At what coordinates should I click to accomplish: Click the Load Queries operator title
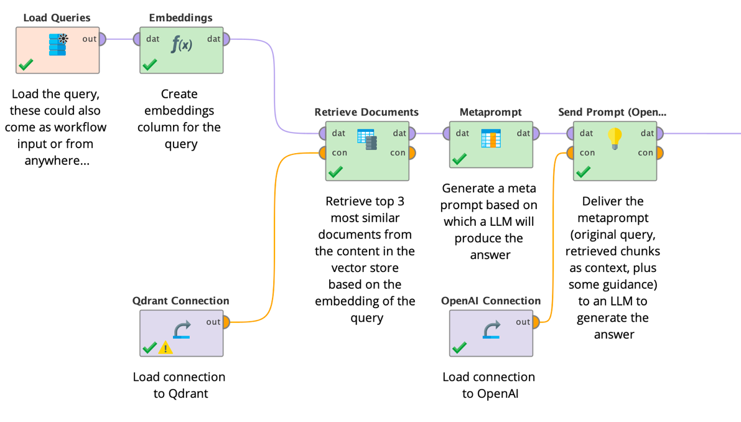[57, 17]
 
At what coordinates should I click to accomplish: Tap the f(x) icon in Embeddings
[182, 44]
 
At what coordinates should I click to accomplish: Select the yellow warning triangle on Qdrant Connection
[165, 348]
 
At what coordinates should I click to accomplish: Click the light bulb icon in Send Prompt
[615, 138]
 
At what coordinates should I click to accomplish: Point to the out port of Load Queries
[103, 39]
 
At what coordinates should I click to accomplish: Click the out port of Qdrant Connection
[226, 322]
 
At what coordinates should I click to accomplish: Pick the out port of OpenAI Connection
[536, 322]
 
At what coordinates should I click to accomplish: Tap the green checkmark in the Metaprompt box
[460, 159]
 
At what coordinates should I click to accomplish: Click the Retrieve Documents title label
[366, 112]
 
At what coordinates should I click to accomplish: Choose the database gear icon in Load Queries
[58, 45]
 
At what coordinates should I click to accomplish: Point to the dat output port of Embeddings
[226, 39]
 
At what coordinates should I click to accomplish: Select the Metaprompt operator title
[490, 112]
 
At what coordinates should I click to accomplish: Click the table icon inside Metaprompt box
[491, 138]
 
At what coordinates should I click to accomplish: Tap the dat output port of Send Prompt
[659, 133]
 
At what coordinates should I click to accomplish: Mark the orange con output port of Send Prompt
[659, 153]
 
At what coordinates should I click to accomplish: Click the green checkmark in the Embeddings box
[150, 64]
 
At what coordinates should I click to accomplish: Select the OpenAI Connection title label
[490, 301]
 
